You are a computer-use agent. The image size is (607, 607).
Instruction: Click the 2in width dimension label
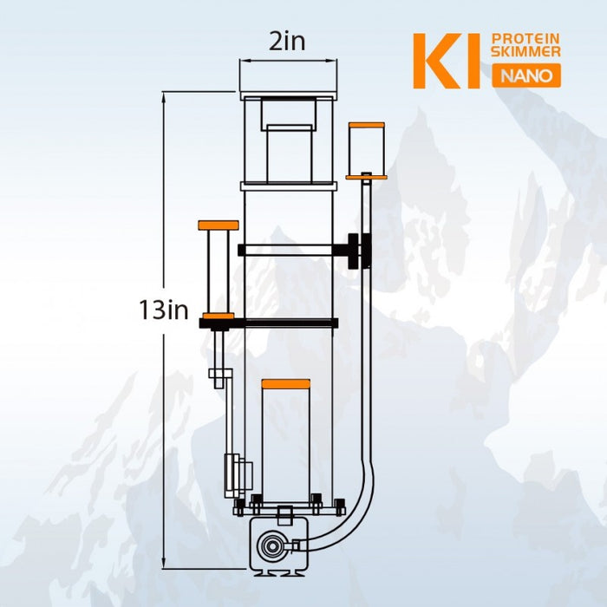pos(287,41)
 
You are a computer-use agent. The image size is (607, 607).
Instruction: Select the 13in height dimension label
pos(164,310)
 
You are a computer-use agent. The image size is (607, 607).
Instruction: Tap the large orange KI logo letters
pos(445,62)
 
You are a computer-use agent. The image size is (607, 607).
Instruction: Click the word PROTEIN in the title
pos(525,39)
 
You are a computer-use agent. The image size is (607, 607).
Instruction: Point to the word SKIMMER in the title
pos(525,53)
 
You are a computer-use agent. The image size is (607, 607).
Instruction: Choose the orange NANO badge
pos(526,75)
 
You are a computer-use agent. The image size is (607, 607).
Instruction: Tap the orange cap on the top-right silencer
pos(366,126)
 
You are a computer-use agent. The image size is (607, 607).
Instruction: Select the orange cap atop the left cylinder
pos(218,225)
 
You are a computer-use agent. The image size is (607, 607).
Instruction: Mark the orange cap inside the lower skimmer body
pos(286,383)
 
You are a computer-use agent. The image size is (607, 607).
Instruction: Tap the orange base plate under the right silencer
pos(366,176)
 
